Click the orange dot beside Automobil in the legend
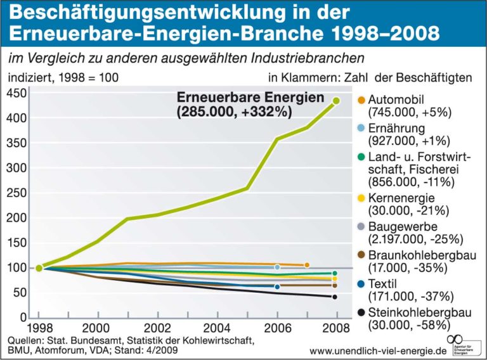pos(361,100)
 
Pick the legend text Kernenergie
pos(401,198)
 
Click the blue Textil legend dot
pos(361,283)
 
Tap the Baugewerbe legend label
pos(399,226)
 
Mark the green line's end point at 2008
pos(336,100)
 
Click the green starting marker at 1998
pos(39,268)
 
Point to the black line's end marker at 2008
pos(335,297)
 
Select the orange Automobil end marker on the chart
pos(307,264)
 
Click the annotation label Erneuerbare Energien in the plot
pos(250,100)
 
